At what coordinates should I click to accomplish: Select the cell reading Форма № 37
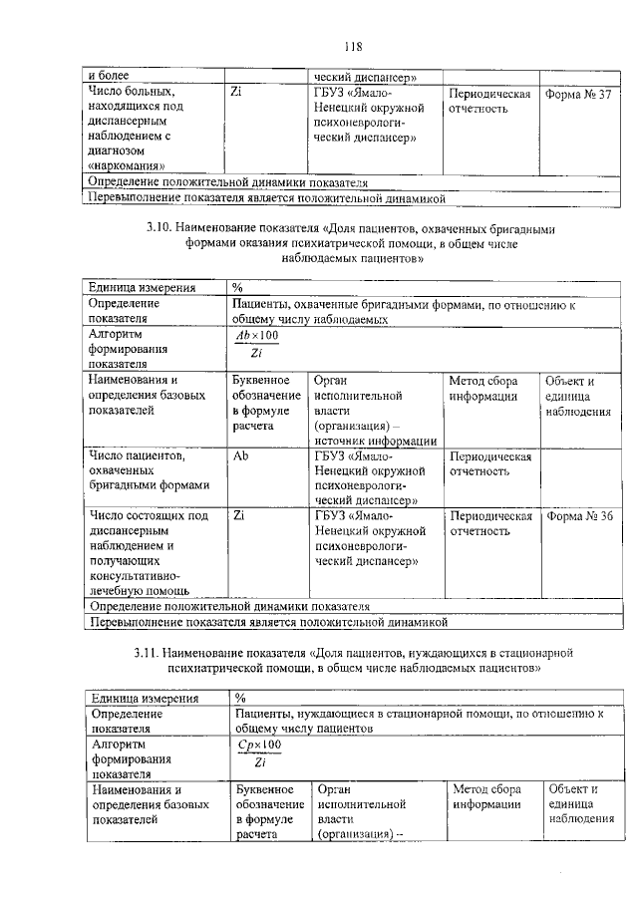pyautogui.click(x=578, y=94)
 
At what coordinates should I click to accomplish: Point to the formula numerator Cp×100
pyautogui.click(x=259, y=745)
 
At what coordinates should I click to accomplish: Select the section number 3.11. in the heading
pyautogui.click(x=150, y=653)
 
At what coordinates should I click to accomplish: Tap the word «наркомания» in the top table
pyautogui.click(x=127, y=166)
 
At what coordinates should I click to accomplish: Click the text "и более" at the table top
pyautogui.click(x=109, y=76)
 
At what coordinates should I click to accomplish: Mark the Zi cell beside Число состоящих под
pyautogui.click(x=238, y=516)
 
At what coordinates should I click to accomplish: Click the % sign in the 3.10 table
pyautogui.click(x=238, y=287)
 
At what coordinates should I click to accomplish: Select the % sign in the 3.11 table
pyautogui.click(x=240, y=697)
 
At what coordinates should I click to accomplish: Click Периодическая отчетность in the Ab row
pyautogui.click(x=489, y=465)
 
